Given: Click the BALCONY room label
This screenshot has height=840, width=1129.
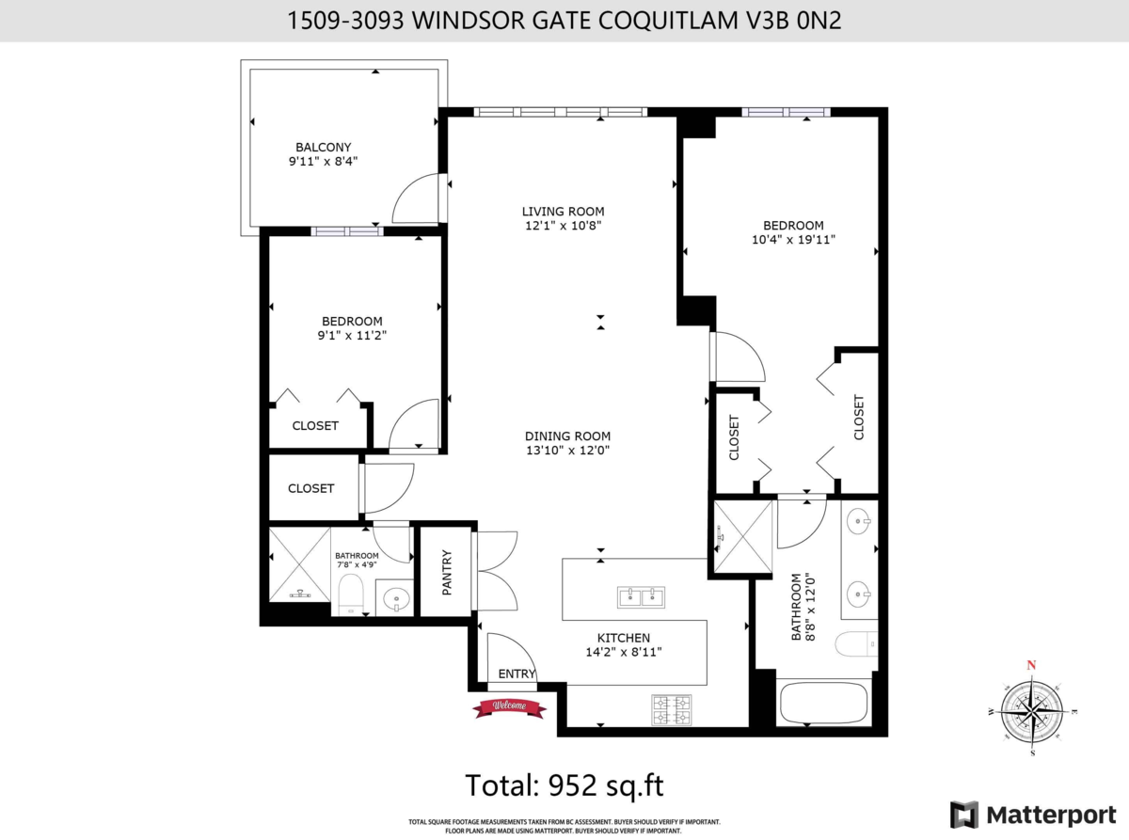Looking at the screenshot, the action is click(324, 147).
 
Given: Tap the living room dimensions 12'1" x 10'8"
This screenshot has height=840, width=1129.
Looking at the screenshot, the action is click(564, 226).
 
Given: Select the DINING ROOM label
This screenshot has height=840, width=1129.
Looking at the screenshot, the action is click(567, 436).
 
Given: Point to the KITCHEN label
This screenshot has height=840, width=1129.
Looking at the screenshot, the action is click(624, 638).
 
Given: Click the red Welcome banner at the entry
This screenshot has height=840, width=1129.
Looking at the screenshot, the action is click(510, 706).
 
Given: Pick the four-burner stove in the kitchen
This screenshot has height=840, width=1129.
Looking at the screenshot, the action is click(672, 709).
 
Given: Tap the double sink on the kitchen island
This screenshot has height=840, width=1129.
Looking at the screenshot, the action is click(641, 597).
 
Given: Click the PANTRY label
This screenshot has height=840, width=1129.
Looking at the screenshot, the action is click(446, 572).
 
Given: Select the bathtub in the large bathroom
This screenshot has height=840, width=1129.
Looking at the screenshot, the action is click(823, 703).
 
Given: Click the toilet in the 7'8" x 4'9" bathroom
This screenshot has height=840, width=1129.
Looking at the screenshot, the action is click(351, 594).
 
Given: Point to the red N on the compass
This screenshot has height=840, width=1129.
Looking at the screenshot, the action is click(1031, 665).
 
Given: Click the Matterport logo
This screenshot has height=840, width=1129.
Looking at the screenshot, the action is click(1033, 815).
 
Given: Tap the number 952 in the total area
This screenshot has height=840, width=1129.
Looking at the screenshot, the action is click(572, 785).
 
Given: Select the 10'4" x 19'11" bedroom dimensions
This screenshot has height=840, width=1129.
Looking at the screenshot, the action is click(793, 239).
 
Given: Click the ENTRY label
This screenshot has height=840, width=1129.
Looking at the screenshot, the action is click(517, 674).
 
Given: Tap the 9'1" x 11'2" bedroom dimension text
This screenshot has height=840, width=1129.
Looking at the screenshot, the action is click(352, 336).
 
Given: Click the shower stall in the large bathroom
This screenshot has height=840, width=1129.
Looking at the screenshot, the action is click(743, 536).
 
